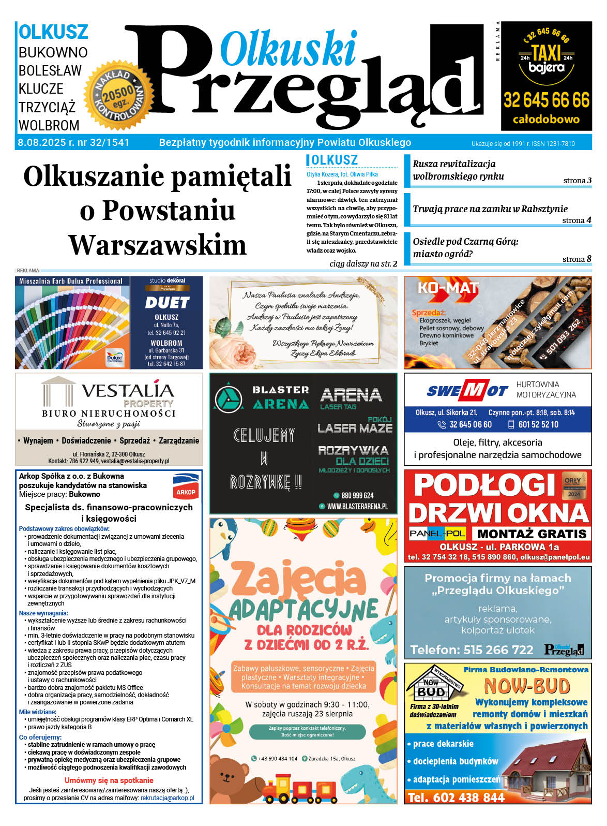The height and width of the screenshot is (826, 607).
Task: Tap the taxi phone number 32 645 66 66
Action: point(547,99)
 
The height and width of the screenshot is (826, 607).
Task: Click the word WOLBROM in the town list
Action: point(49,126)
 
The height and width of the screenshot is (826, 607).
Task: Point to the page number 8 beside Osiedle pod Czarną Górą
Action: point(589,259)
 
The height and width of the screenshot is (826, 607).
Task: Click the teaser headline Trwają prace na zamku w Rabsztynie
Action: point(490,209)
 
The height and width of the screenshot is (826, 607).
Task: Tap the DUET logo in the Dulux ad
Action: point(166,302)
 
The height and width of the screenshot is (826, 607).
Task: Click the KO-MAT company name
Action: point(448,288)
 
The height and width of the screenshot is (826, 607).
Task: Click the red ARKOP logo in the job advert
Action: point(186,487)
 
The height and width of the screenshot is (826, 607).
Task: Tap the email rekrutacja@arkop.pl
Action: point(167,798)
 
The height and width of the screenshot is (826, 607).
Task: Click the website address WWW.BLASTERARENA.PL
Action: point(357,507)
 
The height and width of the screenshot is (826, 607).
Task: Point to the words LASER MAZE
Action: point(355,428)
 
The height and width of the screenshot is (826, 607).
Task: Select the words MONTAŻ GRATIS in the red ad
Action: point(532,534)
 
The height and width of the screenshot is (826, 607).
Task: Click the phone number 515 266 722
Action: point(498,650)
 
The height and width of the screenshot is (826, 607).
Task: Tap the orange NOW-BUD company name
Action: point(526,686)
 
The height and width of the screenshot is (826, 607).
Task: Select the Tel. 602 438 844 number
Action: point(456,798)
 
